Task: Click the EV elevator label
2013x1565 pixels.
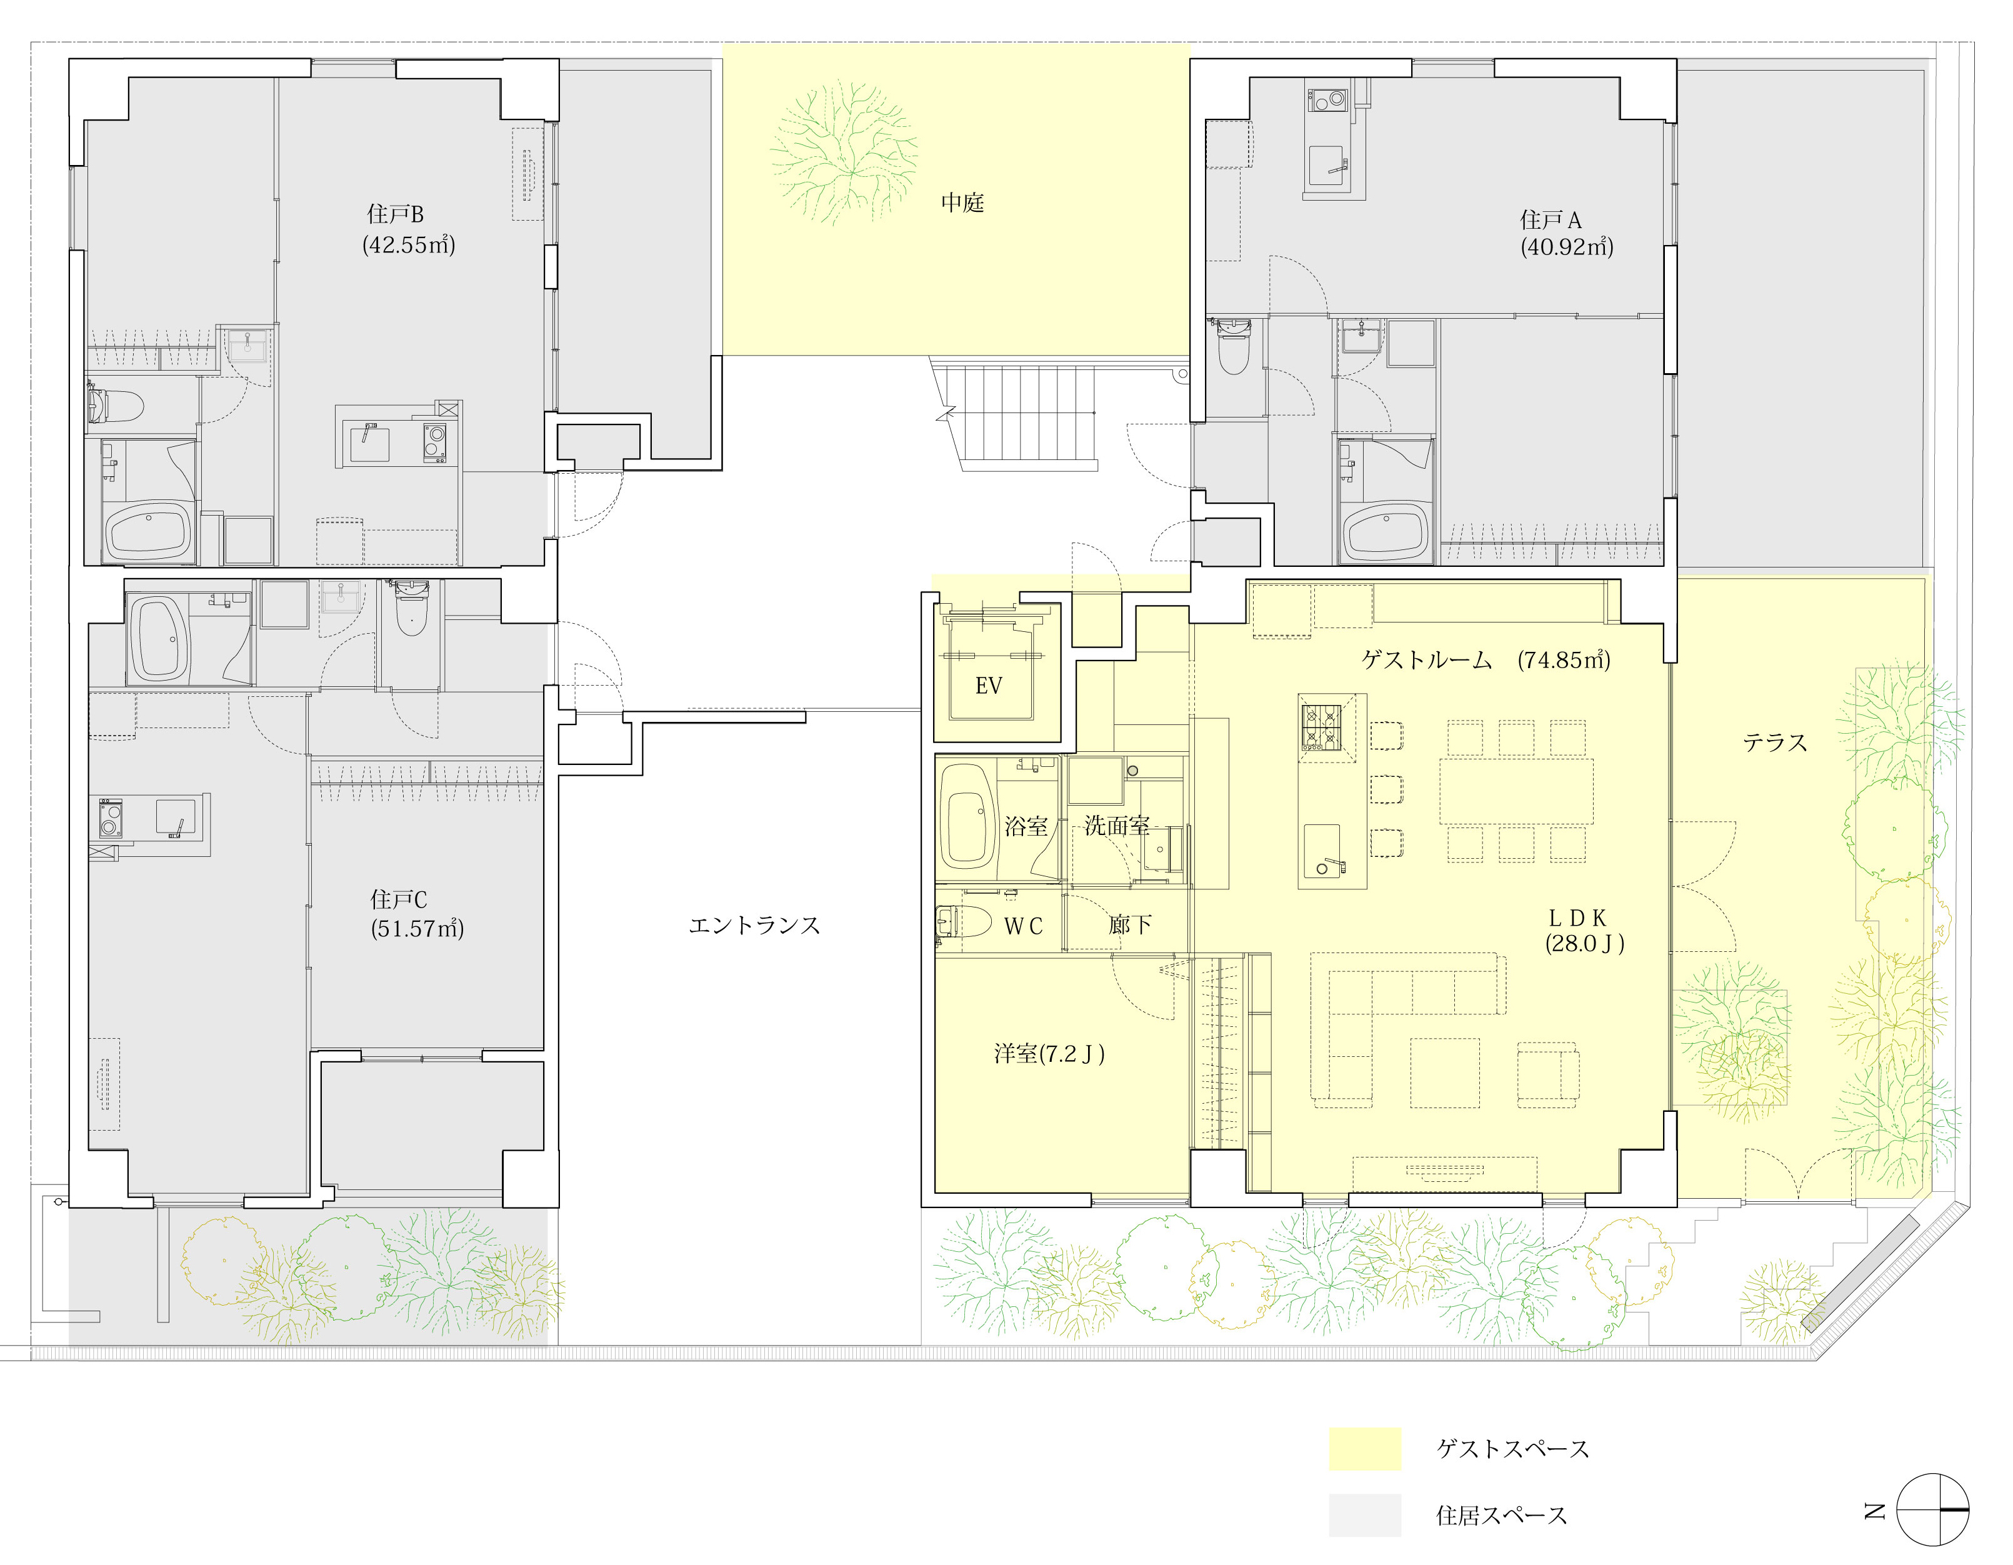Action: point(988,685)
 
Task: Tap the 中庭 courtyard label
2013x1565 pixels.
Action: point(962,202)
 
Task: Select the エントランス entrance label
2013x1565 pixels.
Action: point(754,926)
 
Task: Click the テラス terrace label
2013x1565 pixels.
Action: point(1774,742)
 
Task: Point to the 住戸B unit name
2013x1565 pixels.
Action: point(396,214)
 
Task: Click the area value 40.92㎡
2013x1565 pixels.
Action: point(1567,246)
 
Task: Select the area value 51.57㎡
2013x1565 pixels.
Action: point(417,928)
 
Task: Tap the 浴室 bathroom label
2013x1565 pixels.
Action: point(1026,826)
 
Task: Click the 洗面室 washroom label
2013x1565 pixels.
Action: point(1116,825)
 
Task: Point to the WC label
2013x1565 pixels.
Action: point(1023,926)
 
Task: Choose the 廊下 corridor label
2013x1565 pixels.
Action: point(1129,924)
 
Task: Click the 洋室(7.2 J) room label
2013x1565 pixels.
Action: point(1049,1054)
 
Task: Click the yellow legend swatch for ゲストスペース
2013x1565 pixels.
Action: point(1364,1448)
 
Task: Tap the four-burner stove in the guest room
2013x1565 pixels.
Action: point(1320,727)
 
